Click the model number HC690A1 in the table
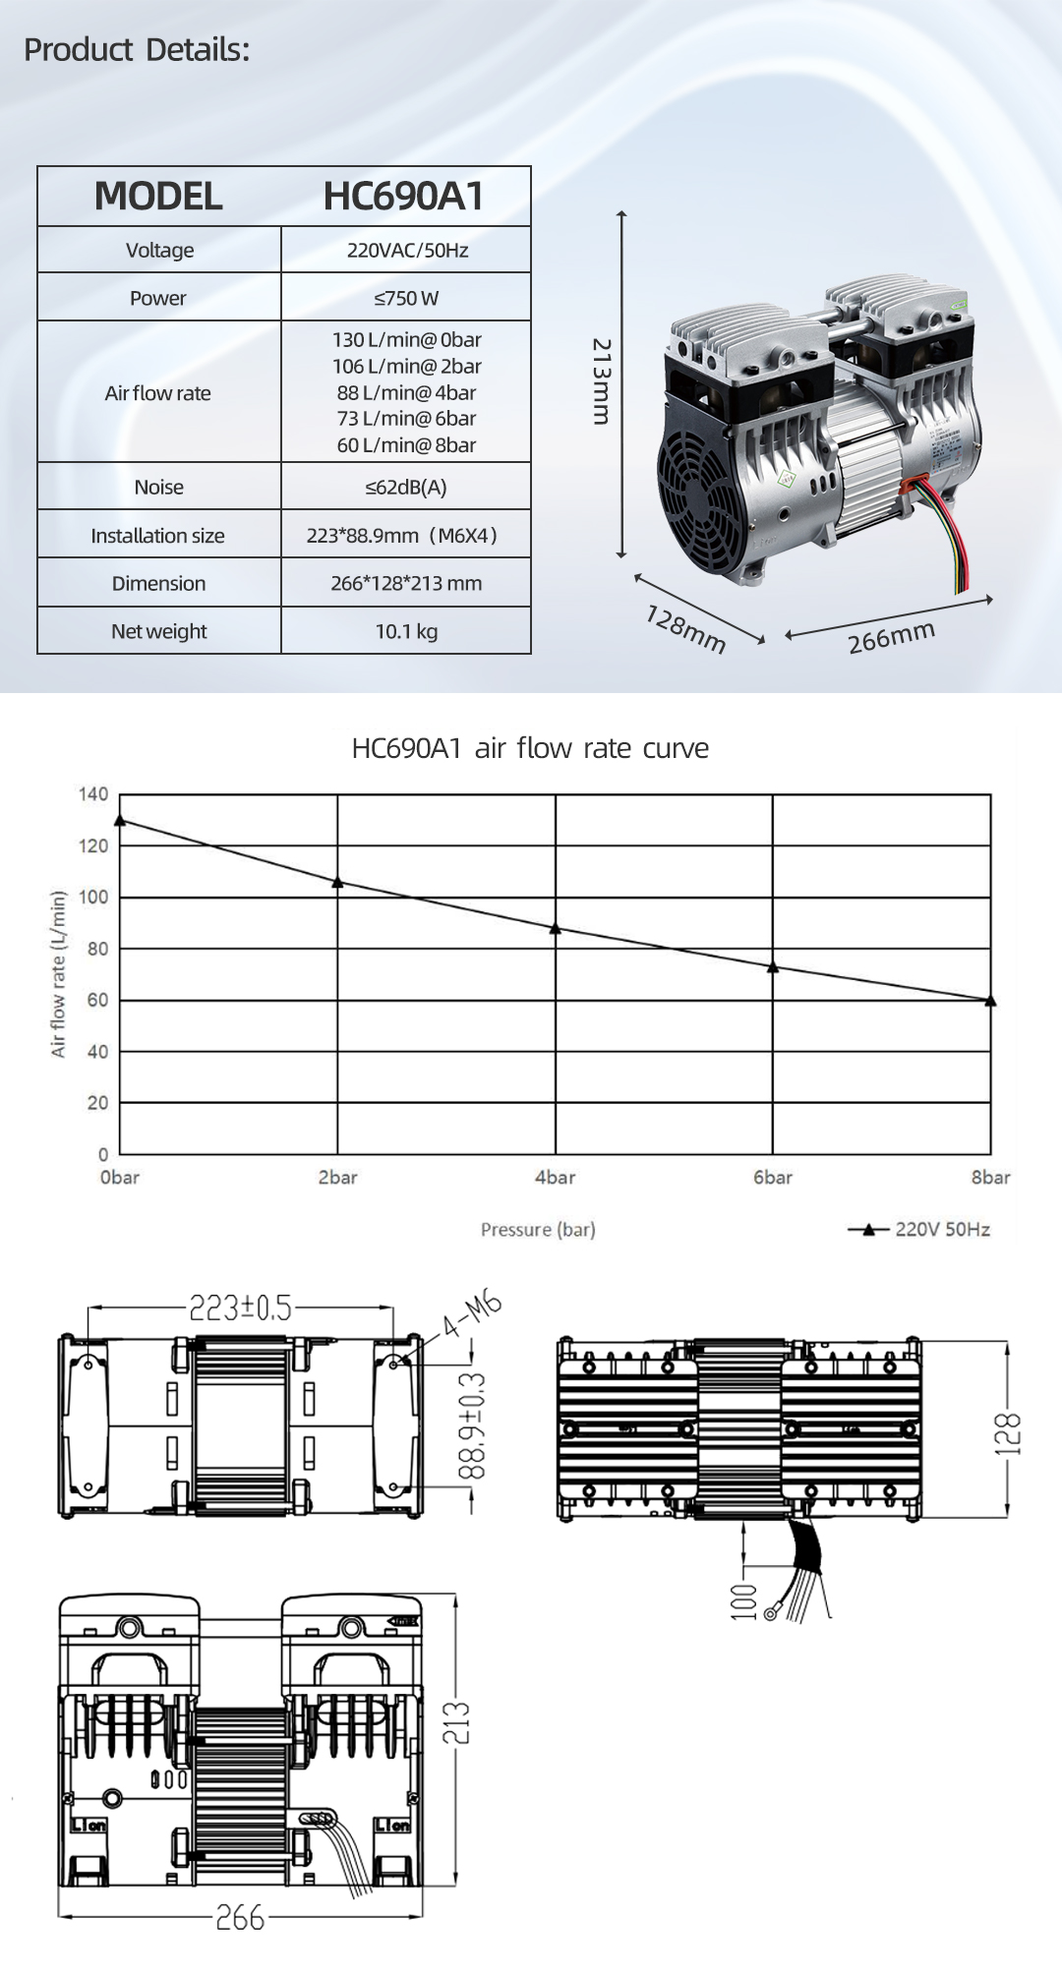[403, 196]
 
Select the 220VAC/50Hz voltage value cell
[406, 250]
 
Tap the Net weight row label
[158, 631]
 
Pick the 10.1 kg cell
[406, 631]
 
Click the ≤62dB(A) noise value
[406, 487]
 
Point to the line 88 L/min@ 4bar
[406, 392]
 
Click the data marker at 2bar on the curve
[337, 882]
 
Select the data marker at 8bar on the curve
[990, 1001]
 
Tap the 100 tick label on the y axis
[93, 897]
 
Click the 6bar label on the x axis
[772, 1177]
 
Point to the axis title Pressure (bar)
[538, 1229]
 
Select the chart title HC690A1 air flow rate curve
[530, 748]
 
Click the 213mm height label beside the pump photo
[602, 381]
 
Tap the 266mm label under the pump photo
[891, 637]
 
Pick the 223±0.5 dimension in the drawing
[240, 1308]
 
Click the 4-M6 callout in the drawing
[472, 1314]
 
